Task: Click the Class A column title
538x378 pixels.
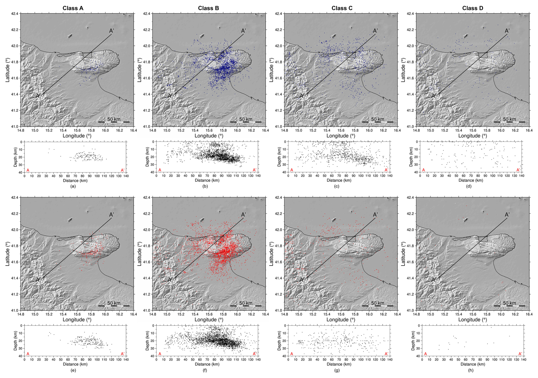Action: [73, 8]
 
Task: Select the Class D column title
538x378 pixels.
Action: [473, 8]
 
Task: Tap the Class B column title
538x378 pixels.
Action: [208, 8]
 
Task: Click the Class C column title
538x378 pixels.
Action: [342, 8]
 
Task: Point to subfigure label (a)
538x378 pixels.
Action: [73, 186]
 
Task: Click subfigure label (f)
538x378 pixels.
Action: [205, 370]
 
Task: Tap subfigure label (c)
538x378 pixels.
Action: [337, 186]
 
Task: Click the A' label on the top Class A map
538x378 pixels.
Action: [112, 31]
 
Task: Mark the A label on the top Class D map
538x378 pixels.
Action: [433, 96]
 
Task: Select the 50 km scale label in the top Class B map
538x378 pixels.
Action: [246, 119]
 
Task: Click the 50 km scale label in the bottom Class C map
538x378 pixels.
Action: [378, 303]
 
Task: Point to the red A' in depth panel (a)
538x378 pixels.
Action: [123, 170]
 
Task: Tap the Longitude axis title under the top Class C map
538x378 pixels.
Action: [341, 136]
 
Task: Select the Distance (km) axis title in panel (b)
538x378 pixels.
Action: [207, 180]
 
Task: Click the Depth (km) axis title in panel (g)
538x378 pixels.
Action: [279, 340]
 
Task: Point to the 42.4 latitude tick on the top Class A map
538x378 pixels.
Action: [15, 14]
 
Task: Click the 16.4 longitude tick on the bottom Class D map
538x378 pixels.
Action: [529, 314]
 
